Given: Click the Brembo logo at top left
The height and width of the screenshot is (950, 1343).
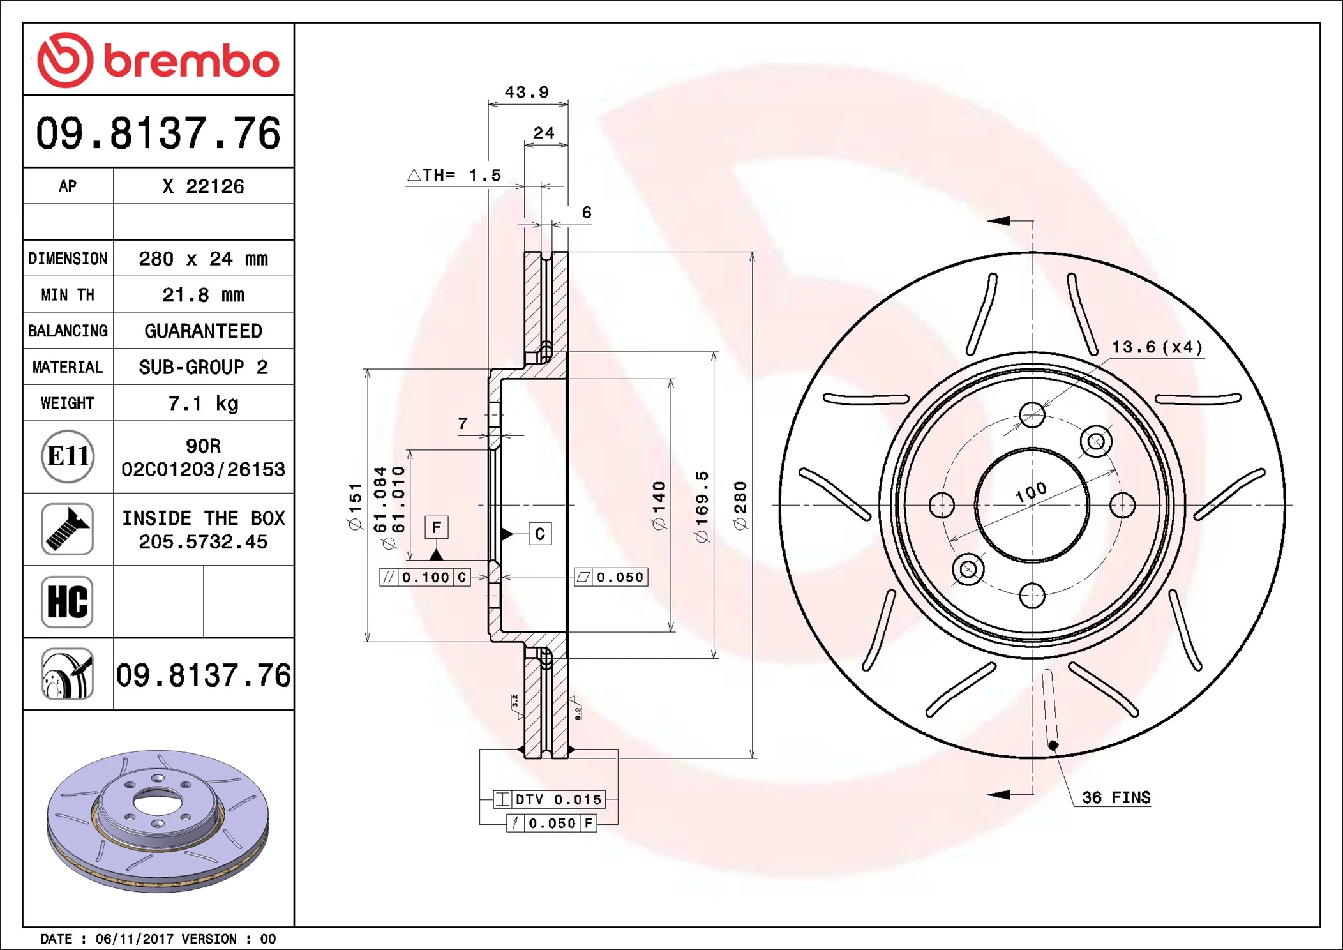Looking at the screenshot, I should coord(158,60).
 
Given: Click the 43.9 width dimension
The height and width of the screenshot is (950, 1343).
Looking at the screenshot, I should coord(527,93).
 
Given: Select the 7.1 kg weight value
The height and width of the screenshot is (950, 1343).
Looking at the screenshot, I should coord(203,403).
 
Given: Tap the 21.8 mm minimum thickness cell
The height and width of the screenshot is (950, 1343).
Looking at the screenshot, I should coord(203,295).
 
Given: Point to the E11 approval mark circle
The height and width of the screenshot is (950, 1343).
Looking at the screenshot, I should coord(68,456).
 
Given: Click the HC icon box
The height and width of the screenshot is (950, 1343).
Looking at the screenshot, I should coord(68,602).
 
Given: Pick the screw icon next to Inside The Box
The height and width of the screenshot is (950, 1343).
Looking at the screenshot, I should coord(68,529).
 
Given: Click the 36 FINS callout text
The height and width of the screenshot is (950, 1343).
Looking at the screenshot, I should coord(1116,797).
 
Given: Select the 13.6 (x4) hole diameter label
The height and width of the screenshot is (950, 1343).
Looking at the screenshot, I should coord(1157,347).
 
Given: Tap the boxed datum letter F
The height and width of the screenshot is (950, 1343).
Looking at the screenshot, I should coord(437,527).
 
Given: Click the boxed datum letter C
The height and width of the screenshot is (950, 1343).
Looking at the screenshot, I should coord(540,534).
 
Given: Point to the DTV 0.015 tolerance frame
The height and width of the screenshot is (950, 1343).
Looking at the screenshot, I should coord(549,799).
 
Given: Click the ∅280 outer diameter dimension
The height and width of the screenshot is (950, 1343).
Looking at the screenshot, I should coord(740,506).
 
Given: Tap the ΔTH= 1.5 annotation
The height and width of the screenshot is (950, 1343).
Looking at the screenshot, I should coord(454,176).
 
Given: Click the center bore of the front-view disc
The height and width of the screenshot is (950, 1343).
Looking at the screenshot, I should coord(1032,505).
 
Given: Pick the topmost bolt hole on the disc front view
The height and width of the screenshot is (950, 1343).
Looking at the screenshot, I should coord(1032,415).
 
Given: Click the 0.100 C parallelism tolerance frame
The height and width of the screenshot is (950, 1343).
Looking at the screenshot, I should coord(425,577).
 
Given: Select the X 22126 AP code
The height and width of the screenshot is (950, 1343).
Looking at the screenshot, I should coord(203,186).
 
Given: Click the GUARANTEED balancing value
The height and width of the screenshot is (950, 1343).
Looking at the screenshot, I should coord(203,331).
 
